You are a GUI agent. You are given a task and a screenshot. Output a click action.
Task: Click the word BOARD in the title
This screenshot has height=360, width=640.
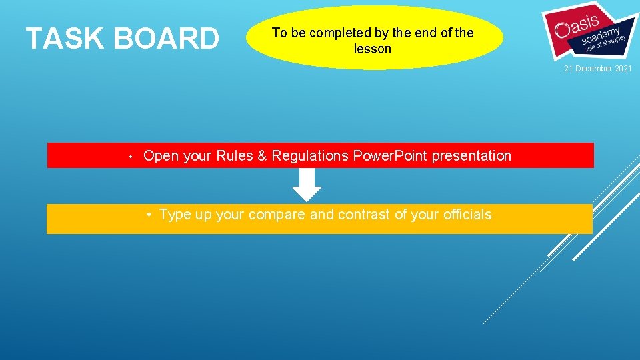coord(167,39)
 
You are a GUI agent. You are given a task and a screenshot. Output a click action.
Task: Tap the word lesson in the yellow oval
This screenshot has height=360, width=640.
coord(373,49)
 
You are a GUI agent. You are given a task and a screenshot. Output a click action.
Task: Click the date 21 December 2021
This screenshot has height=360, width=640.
coord(598,69)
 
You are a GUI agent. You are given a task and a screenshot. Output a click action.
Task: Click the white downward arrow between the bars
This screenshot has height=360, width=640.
coord(307,185)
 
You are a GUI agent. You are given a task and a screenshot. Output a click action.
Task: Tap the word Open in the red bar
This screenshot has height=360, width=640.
coord(161,156)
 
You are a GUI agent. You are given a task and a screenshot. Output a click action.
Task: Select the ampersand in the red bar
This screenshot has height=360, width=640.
coord(262,156)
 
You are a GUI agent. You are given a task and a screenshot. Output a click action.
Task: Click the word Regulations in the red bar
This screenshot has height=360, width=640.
coord(310,156)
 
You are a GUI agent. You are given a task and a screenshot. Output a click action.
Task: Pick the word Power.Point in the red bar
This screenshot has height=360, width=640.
coord(390,156)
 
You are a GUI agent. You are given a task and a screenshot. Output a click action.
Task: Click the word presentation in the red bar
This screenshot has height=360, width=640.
coord(471,156)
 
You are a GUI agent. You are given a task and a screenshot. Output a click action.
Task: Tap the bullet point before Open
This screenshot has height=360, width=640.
coord(132,157)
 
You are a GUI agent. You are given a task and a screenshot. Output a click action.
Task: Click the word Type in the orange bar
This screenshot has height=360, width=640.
coord(175,215)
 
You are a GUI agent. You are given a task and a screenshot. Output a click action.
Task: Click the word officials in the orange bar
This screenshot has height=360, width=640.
coord(467,215)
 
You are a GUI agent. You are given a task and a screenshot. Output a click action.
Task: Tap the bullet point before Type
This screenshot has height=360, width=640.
coord(151,215)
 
